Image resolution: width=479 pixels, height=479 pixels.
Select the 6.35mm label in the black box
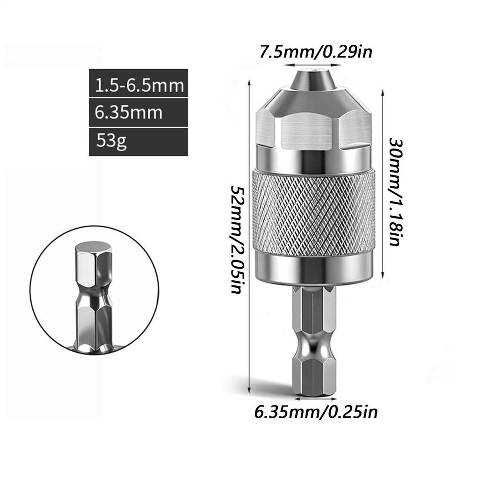tap(129, 113)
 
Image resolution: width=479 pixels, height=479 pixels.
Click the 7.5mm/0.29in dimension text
tap(316, 51)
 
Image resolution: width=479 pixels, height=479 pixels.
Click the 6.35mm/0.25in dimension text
tap(316, 412)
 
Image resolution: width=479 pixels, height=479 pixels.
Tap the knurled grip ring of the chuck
tap(313, 213)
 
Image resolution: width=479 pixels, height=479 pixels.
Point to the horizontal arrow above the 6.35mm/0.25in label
tap(314, 399)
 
